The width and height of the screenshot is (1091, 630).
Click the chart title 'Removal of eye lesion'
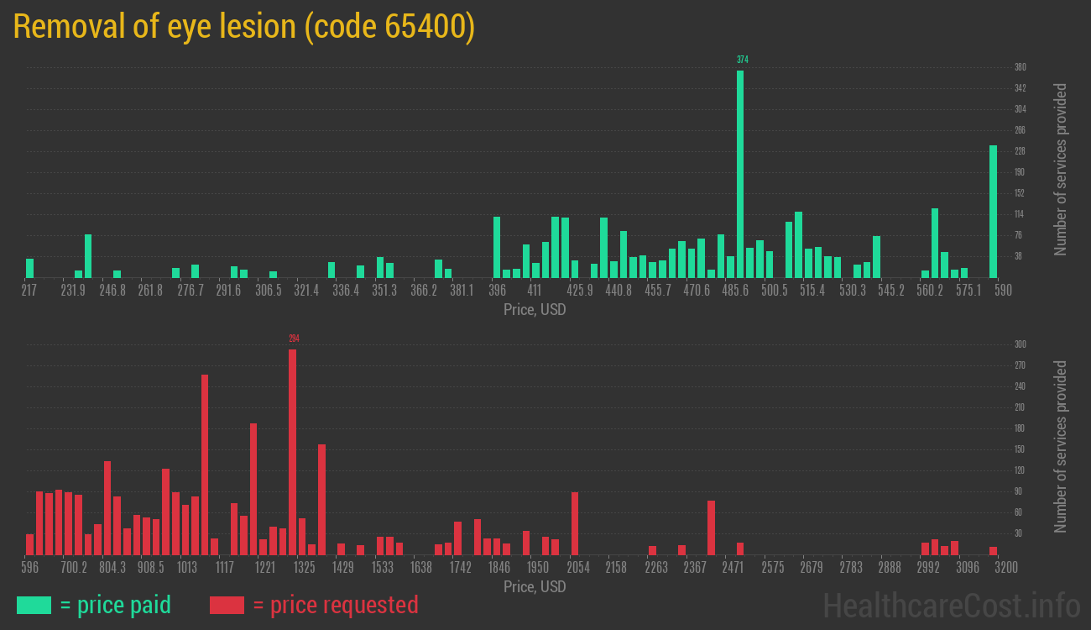coord(243,27)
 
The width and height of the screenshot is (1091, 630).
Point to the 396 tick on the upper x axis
coord(497,290)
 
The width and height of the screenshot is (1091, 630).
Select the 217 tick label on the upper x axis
coord(29,290)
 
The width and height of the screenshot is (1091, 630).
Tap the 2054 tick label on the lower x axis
coord(578,568)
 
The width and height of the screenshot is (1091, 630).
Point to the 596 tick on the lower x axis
coord(29,568)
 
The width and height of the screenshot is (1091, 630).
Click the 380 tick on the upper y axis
coord(1021,67)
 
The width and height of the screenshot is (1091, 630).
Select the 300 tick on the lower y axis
coord(1021,344)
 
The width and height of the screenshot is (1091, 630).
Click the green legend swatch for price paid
coord(34,605)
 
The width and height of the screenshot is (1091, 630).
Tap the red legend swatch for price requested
coord(227,605)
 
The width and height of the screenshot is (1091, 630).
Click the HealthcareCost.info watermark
coord(952,605)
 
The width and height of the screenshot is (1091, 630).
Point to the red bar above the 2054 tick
coord(575,523)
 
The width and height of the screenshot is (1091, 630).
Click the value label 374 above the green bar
coord(743,60)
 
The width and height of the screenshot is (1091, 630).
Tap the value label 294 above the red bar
coord(294,339)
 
